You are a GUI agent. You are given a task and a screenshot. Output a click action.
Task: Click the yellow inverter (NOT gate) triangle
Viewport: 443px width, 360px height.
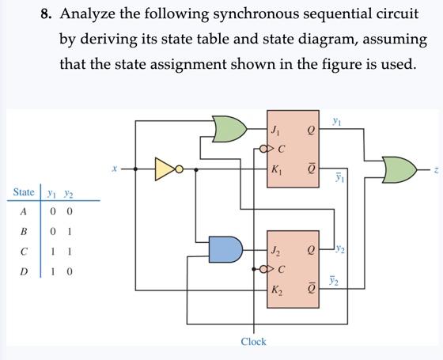165,169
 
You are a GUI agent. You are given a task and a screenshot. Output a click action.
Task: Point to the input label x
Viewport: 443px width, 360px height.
115,169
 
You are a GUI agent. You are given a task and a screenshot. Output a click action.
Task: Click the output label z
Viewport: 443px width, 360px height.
434,169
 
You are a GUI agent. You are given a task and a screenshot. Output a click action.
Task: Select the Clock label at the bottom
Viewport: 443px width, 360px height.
253,342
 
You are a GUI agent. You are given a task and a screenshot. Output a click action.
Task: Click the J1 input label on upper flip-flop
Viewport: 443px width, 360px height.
275,131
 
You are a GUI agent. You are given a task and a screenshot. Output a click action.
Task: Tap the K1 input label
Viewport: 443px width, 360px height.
275,169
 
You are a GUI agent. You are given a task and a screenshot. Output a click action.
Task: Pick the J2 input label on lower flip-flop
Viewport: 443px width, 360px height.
275,252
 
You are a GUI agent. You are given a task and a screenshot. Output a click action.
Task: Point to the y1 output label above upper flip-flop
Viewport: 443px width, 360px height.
337,120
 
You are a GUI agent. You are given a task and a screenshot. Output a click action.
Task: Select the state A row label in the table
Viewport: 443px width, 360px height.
24,211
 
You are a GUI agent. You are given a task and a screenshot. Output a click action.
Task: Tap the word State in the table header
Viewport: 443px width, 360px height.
24,192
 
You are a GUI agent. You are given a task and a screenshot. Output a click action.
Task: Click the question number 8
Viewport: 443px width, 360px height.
47,14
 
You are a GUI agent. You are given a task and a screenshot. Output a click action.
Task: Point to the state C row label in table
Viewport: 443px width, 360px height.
24,252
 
